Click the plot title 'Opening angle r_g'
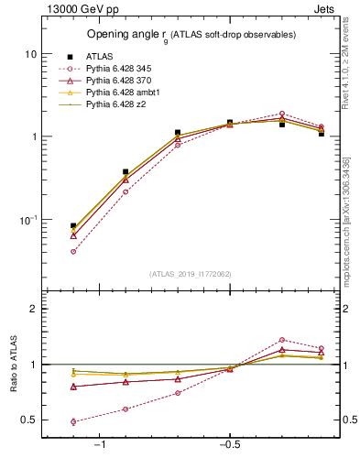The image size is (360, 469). pos(191,36)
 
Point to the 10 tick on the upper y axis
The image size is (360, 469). pos(30,54)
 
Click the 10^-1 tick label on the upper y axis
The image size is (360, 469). pos(28,221)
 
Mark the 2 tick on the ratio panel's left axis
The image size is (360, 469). pos(33,309)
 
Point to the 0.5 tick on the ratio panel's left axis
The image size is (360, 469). pos(29,420)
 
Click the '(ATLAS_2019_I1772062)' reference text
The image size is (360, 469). pos(191,273)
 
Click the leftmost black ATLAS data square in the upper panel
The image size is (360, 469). pos(73,225)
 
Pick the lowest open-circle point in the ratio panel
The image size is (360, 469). pos(73,422)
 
